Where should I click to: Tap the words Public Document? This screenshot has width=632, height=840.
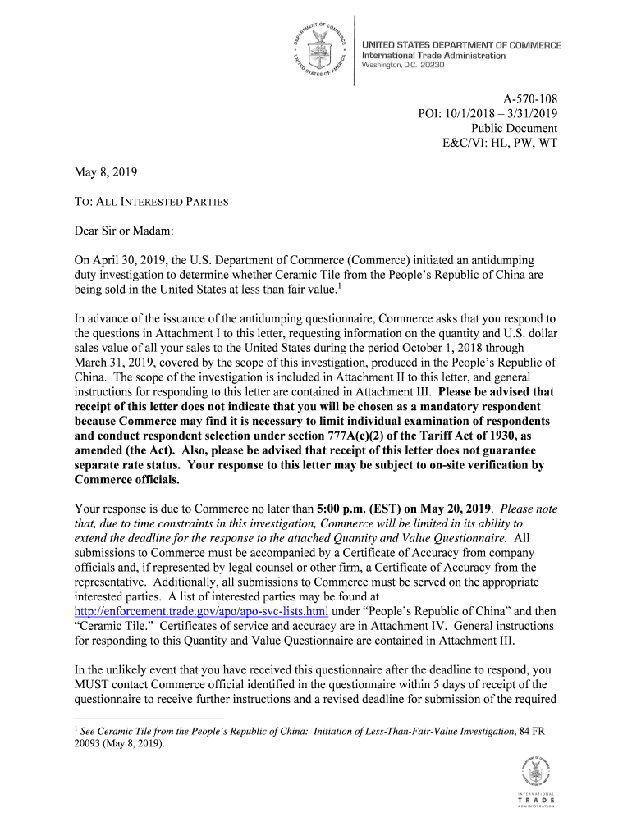[x=514, y=128]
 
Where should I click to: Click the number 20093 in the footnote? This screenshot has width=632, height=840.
[x=90, y=744]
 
